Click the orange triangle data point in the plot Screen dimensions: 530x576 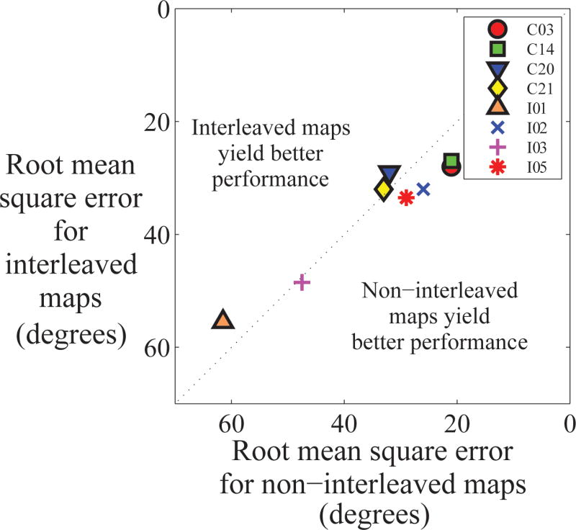[x=223, y=321]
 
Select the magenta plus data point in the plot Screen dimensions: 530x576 [x=302, y=282]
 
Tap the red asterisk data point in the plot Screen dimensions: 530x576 [x=406, y=197]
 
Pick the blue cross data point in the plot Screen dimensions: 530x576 [x=423, y=189]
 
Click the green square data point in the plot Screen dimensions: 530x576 [x=451, y=161]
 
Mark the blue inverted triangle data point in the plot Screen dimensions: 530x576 [x=389, y=174]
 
